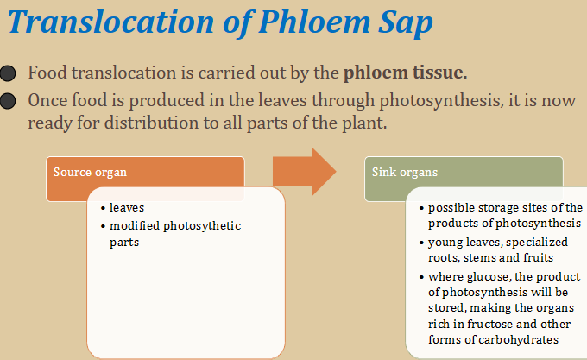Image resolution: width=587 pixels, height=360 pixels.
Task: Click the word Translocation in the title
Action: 110,22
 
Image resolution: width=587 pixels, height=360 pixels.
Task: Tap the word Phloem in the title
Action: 314,23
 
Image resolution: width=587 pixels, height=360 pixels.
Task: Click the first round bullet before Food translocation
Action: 8,73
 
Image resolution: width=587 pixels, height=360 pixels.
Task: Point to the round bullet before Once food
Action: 8,101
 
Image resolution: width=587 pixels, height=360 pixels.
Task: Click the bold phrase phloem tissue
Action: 406,73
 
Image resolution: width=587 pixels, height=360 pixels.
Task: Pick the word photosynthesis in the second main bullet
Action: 440,101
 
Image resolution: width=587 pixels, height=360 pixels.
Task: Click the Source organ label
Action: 90,172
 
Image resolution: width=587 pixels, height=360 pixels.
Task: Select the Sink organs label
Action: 405,172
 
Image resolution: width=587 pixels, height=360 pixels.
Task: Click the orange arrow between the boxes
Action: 305,172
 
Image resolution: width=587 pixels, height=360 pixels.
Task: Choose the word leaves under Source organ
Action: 127,208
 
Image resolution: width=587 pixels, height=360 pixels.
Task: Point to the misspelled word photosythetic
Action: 202,226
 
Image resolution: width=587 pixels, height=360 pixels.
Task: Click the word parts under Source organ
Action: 124,243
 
